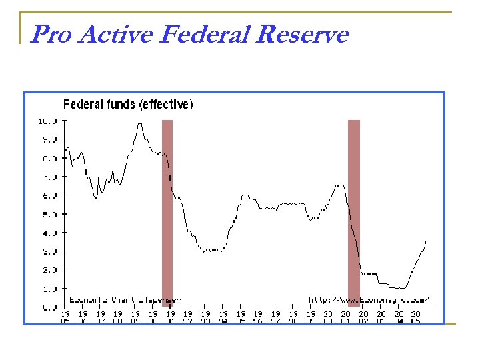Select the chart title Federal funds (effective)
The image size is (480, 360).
click(128, 104)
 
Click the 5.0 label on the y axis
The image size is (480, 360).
click(51, 215)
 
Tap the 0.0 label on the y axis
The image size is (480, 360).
click(51, 307)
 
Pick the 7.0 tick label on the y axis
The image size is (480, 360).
click(51, 177)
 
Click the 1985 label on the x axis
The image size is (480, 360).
click(66, 317)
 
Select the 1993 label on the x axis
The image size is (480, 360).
click(206, 317)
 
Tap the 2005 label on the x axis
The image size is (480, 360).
click(416, 317)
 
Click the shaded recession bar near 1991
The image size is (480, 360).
click(167, 213)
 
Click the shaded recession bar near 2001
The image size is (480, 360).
click(354, 213)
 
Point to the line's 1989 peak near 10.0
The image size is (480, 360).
click(139, 123)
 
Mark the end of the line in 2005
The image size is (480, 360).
click(425, 242)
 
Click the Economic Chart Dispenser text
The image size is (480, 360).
click(125, 300)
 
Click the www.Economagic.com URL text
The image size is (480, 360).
click(369, 300)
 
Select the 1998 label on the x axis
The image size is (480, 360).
click(293, 317)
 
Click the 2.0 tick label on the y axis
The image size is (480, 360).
click(51, 270)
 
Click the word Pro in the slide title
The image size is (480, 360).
click(52, 34)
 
